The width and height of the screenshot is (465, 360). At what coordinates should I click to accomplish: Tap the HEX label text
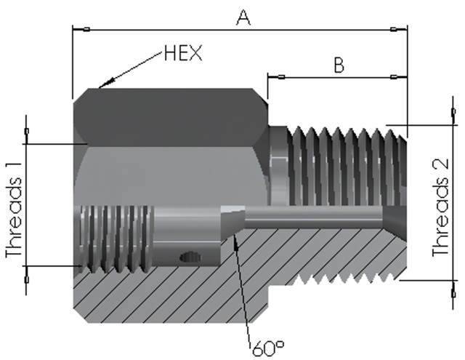pyautogui.click(x=182, y=53)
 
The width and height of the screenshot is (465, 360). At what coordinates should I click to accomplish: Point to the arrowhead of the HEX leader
pyautogui.click(x=102, y=87)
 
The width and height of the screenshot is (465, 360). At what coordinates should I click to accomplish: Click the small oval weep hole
pyautogui.click(x=190, y=257)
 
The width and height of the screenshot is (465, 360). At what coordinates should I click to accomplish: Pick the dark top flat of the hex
pyautogui.click(x=171, y=115)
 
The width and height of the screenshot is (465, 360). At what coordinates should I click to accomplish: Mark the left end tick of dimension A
pyautogui.click(x=86, y=30)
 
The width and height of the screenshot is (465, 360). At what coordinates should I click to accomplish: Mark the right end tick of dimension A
pyautogui.click(x=394, y=30)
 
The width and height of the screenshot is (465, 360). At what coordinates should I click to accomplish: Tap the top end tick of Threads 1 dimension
pyautogui.click(x=27, y=131)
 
